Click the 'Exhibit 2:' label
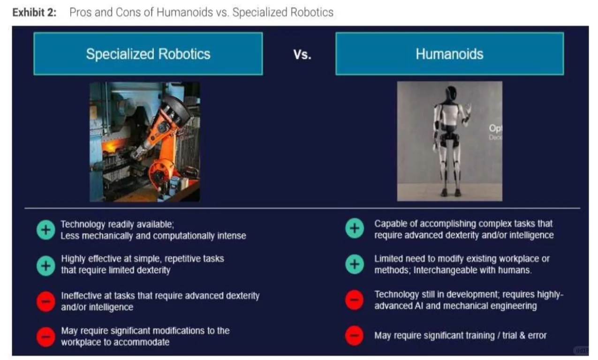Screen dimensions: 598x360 [x=34, y=13]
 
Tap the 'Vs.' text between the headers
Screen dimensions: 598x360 [x=302, y=55]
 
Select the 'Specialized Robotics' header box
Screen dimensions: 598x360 [x=148, y=53]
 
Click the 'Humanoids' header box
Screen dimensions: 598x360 [x=450, y=53]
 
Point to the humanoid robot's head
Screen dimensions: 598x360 [x=451, y=93]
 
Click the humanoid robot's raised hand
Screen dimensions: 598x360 [x=468, y=109]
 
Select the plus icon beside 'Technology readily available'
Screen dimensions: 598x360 [x=46, y=230]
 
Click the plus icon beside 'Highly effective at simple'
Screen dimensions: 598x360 [x=46, y=265]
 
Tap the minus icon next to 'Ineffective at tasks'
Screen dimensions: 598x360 [x=46, y=301]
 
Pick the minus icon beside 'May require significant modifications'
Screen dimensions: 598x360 [x=46, y=337]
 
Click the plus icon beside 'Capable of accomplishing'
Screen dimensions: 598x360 [x=355, y=228]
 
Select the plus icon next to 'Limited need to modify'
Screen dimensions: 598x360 [x=355, y=264]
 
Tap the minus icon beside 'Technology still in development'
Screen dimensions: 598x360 [x=355, y=300]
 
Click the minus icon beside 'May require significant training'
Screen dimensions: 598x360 [x=355, y=336]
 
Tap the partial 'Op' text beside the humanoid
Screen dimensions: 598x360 [x=495, y=128]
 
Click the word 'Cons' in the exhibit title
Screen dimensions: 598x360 [x=129, y=12]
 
